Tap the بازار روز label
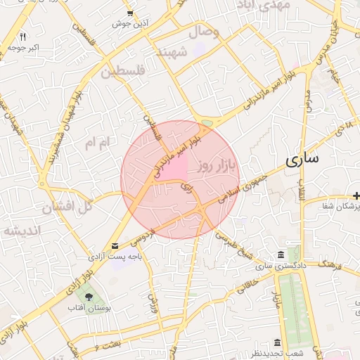(x=214, y=167)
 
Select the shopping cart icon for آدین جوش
(x=130, y=13)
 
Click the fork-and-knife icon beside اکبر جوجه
(x=22, y=36)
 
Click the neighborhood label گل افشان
(x=67, y=207)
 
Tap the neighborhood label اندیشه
(x=22, y=231)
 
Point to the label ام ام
(x=97, y=143)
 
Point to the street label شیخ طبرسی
(x=235, y=244)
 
